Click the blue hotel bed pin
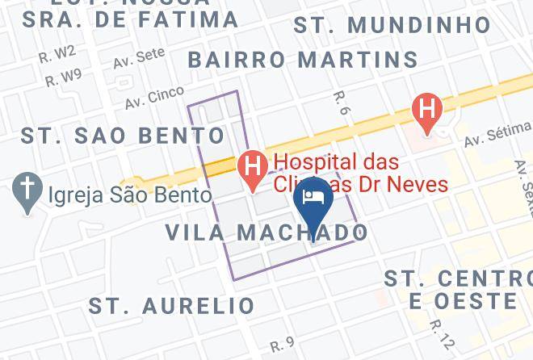point(312,198)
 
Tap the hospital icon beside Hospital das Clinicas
point(253,168)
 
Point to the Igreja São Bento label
point(130,195)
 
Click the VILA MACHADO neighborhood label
point(266,232)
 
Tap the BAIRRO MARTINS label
point(303,59)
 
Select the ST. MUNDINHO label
point(392,25)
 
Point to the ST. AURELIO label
point(172,306)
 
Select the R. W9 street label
point(63,78)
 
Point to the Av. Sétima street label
point(497,134)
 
